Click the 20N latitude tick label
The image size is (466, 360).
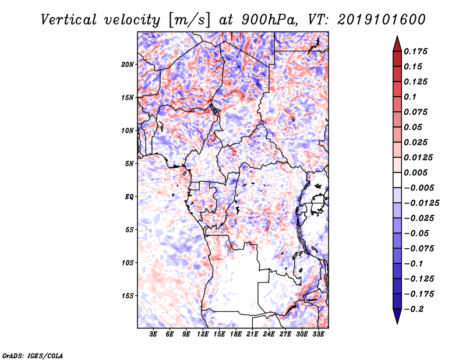coord(127,65)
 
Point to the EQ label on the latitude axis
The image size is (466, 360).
coord(129,197)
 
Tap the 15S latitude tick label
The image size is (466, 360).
coord(127,296)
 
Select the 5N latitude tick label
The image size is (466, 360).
coord(129,164)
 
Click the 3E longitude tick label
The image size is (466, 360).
coord(153,334)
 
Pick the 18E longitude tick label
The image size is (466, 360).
coord(236,334)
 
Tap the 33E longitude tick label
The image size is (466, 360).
coord(318,334)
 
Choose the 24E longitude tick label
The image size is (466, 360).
coord(269,334)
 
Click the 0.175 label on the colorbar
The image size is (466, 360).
coord(415,51)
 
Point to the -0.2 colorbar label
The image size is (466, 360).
coord(414,309)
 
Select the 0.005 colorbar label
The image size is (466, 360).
coord(415,172)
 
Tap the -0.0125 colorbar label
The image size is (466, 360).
coord(421,203)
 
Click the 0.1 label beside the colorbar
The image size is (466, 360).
coord(410,97)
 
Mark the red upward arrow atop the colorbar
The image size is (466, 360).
coord(397,44)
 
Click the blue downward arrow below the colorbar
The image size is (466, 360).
coord(397,316)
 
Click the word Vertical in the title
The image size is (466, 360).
coord(68,20)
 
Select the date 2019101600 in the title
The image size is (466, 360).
coord(382,20)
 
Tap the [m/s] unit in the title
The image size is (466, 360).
coord(189,20)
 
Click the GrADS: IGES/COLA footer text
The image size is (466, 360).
coord(33,355)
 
